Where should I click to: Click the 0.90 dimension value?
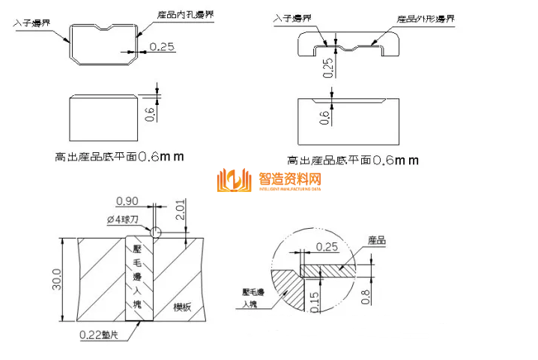click(127, 200)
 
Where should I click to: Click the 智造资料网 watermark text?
click(290, 179)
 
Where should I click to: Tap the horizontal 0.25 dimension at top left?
click(162, 46)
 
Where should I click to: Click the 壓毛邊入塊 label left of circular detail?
click(255, 298)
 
